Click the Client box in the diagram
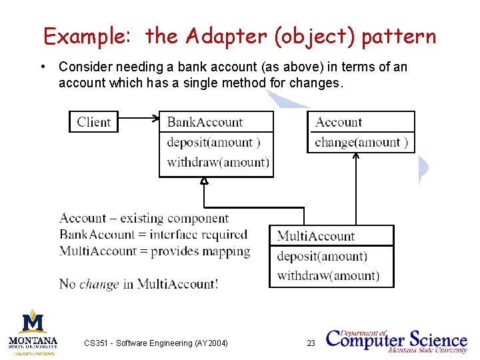93,122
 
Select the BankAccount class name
205,122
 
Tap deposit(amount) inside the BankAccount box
213,142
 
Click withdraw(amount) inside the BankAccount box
217,162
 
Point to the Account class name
338,122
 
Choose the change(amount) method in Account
361,142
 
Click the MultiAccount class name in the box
315,236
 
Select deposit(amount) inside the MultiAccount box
322,256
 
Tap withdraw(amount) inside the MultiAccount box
328,275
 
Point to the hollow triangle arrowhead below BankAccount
205,181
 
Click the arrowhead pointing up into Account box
356,157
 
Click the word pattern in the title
399,37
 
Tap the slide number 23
311,343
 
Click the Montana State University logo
33,331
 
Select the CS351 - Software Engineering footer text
156,343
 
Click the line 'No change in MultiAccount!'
138,284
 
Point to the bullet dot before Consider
43,67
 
